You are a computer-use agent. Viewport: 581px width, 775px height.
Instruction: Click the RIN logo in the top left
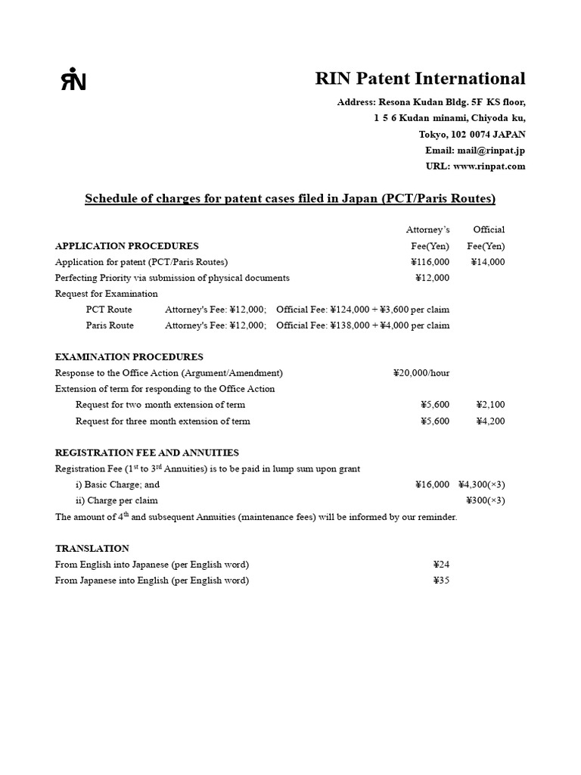point(73,79)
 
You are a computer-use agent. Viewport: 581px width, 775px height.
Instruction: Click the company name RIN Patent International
point(420,79)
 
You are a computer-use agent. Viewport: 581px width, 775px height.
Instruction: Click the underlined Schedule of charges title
point(290,199)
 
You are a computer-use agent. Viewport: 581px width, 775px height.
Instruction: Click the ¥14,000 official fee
point(488,262)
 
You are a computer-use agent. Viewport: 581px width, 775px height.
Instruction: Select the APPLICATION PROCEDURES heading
point(127,246)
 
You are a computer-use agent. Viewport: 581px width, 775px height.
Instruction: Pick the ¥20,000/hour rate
point(421,373)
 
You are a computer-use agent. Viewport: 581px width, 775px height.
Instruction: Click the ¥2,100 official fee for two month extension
point(490,405)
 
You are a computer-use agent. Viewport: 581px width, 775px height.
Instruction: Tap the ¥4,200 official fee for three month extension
point(490,421)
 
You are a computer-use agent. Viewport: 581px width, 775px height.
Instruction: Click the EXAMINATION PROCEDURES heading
point(129,357)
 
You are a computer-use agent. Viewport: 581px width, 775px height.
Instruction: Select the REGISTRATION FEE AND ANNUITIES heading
point(147,453)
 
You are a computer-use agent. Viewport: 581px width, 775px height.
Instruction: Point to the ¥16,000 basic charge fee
point(432,484)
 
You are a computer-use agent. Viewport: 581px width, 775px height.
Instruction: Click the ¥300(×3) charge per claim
point(485,500)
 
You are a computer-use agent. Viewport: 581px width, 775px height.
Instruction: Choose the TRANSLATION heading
point(92,548)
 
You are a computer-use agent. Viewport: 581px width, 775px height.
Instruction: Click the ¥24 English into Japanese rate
point(441,565)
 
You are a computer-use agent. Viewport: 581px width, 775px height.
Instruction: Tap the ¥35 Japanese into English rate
point(441,580)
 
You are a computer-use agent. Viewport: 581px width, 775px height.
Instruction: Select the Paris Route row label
point(110,325)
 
